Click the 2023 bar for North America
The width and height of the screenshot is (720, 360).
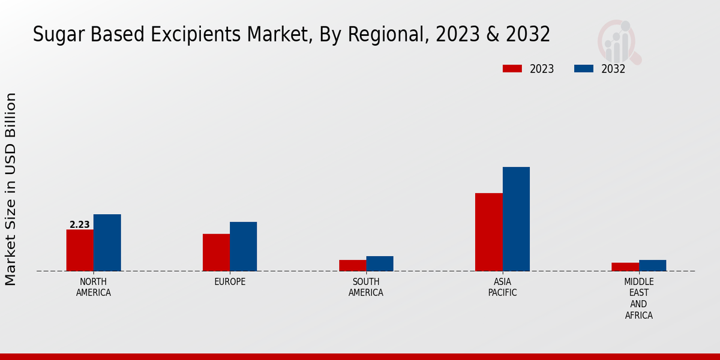(x=80, y=250)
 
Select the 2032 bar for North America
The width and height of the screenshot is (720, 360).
(x=107, y=242)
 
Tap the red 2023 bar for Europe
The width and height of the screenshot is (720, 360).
(x=216, y=252)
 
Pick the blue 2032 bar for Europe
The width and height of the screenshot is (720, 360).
(x=243, y=246)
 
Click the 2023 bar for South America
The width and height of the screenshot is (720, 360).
(x=352, y=265)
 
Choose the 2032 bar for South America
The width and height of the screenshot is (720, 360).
(x=380, y=263)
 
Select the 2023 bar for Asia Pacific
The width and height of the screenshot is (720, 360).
(x=488, y=232)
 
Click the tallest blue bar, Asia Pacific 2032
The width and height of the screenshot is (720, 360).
(x=516, y=218)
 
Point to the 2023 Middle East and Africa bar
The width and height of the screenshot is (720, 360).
(x=625, y=266)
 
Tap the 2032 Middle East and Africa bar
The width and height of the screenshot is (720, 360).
(x=652, y=265)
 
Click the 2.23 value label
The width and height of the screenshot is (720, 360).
(x=79, y=225)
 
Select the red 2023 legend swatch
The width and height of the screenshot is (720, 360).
(x=512, y=69)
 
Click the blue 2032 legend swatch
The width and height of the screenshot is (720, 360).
(x=583, y=69)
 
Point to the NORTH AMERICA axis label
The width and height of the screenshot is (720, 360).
(x=93, y=287)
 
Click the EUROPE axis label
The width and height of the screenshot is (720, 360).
(x=230, y=282)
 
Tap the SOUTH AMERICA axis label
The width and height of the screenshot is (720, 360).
(x=366, y=287)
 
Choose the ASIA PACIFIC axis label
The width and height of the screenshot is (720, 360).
(x=502, y=287)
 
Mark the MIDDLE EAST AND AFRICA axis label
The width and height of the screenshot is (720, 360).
(x=638, y=298)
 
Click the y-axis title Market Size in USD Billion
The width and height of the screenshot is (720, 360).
(x=11, y=189)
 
